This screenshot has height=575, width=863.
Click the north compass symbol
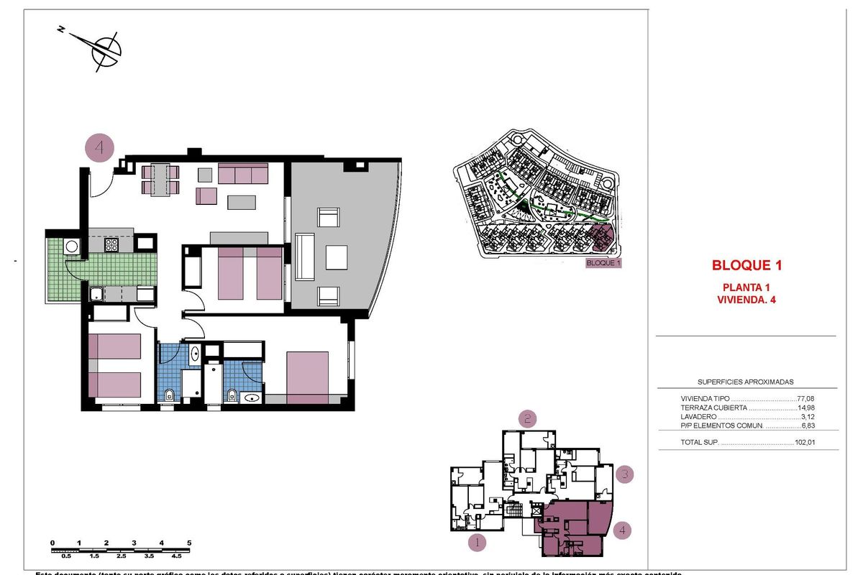tap(105, 49)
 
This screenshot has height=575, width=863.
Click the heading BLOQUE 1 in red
tap(746, 265)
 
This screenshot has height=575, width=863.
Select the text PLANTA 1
tap(746, 287)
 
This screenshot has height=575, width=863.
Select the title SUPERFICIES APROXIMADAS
tap(746, 382)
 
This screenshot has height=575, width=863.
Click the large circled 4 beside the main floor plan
tap(99, 148)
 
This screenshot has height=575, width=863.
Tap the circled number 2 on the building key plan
tap(529, 418)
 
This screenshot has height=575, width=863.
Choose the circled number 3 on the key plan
tap(626, 474)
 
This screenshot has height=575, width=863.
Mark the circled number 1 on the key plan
tap(476, 542)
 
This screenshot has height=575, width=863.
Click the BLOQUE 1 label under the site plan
tap(603, 263)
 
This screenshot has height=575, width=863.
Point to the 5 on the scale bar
tap(189, 543)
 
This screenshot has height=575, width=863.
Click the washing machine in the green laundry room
tap(72, 247)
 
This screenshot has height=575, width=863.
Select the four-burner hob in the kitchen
tap(111, 244)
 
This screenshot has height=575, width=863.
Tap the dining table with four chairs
tap(160, 180)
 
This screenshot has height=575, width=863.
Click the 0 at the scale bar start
tap(52, 543)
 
